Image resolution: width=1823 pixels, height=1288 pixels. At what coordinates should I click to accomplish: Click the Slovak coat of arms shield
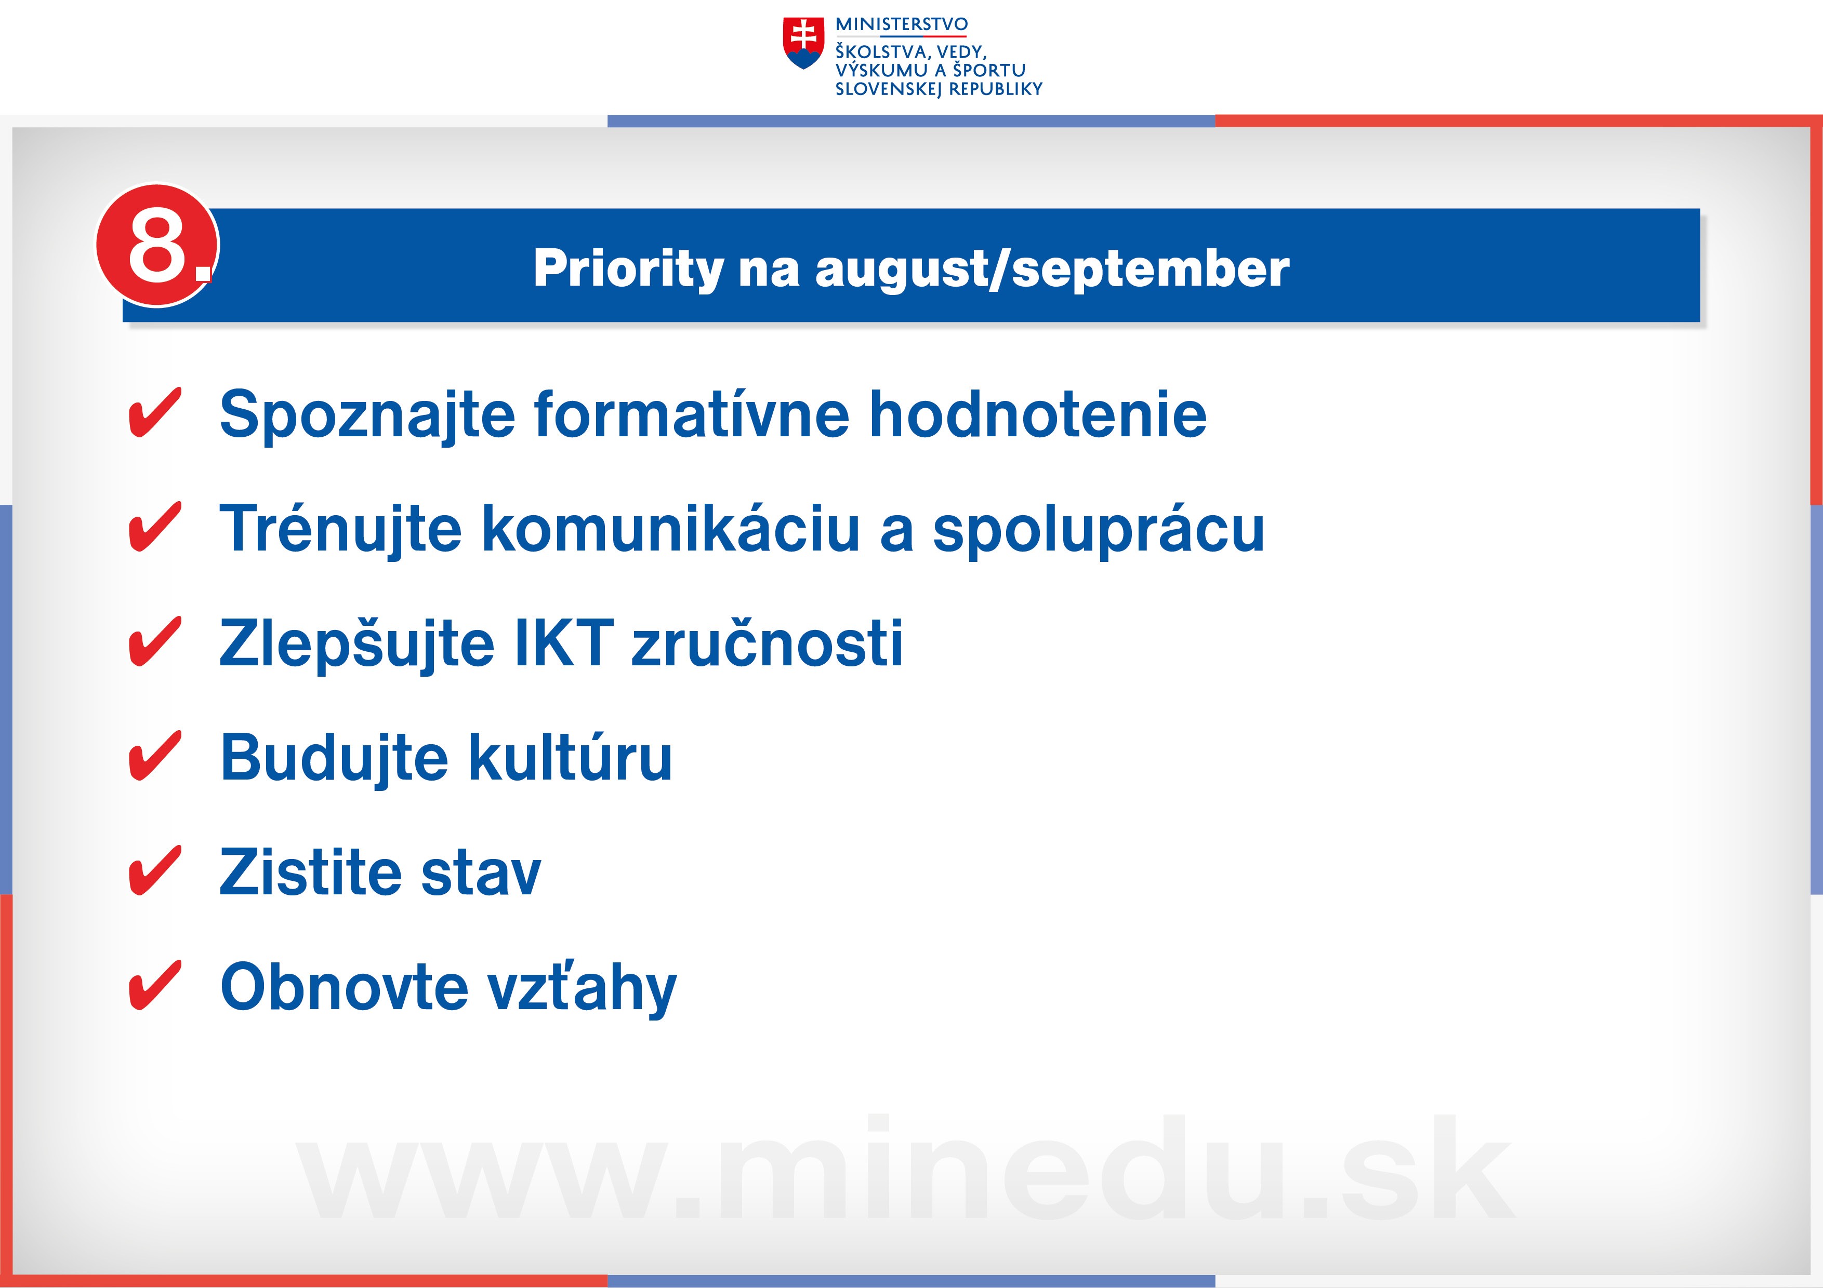803,43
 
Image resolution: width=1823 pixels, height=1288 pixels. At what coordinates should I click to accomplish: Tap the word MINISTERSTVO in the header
901,24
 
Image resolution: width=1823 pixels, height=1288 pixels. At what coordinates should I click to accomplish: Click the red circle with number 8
157,245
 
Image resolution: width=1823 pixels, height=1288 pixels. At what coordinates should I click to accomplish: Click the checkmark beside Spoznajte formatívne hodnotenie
155,413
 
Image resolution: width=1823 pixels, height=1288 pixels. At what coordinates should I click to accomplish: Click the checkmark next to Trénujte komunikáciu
155,527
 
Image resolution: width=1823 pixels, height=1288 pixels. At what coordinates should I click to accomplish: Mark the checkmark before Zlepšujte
155,641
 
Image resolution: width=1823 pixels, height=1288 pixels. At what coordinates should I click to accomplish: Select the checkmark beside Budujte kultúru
155,756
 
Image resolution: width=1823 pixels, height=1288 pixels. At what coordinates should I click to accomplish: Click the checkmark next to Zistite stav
155,870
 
